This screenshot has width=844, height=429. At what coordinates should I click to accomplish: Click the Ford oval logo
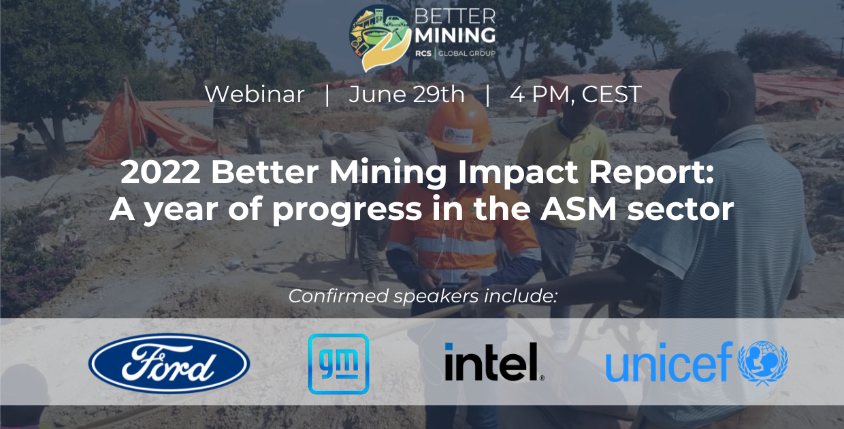coord(169,364)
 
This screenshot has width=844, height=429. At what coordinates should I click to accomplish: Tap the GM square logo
coord(338,364)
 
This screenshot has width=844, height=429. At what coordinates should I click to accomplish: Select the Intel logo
coord(494,362)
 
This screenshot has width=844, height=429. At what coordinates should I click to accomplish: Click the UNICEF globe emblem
coord(762,363)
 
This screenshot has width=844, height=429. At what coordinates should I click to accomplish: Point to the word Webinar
coord(255,94)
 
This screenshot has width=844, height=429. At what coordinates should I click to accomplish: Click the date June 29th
coord(406,94)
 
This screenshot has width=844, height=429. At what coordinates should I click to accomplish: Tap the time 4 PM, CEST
coord(575,94)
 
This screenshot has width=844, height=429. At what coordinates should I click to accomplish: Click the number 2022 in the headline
coord(161,172)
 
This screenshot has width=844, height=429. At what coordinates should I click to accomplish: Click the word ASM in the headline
coord(578,209)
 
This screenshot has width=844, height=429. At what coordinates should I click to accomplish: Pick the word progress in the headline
coord(347,211)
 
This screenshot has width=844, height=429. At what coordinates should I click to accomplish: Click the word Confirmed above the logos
coord(338,296)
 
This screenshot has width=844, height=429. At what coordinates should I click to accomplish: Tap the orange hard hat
coord(459,124)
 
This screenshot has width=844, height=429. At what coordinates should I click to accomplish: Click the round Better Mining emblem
coord(380,37)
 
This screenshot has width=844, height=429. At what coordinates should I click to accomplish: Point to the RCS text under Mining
coord(423,54)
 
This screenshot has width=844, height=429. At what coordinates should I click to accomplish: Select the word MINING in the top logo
coord(455,35)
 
